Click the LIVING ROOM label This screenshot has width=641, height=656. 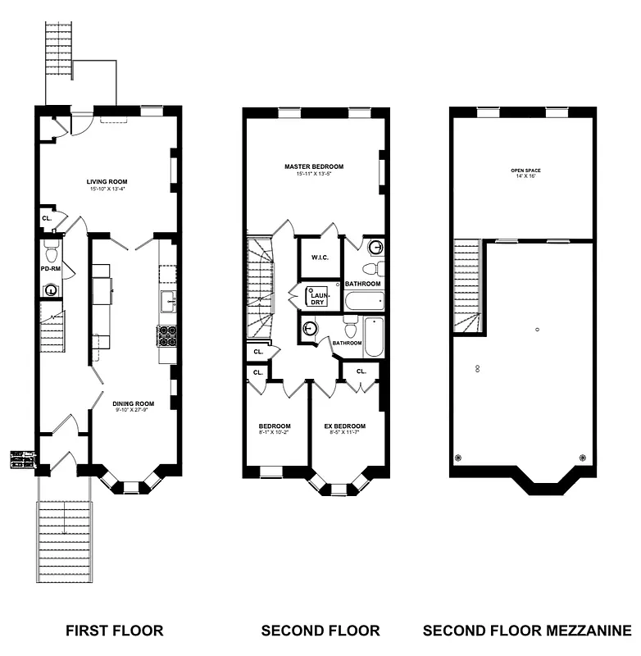click(x=107, y=181)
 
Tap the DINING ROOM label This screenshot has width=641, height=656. click(x=134, y=403)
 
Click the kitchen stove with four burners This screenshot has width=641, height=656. click(x=167, y=335)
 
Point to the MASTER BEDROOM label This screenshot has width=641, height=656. click(x=314, y=166)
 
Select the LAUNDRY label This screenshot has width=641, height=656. click(x=316, y=297)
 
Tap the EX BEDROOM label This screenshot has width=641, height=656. click(x=344, y=426)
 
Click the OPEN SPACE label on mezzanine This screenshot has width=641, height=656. click(x=525, y=171)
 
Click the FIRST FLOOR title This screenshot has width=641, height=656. click(x=114, y=631)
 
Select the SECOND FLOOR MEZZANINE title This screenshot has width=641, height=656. click(x=527, y=631)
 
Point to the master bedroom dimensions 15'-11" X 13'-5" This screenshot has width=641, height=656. click(x=314, y=174)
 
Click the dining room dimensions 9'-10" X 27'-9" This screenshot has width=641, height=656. click(x=134, y=411)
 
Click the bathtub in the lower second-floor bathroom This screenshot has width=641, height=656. click(x=374, y=336)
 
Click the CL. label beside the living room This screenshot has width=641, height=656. click(x=46, y=219)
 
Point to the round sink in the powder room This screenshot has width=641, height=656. click(x=51, y=289)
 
